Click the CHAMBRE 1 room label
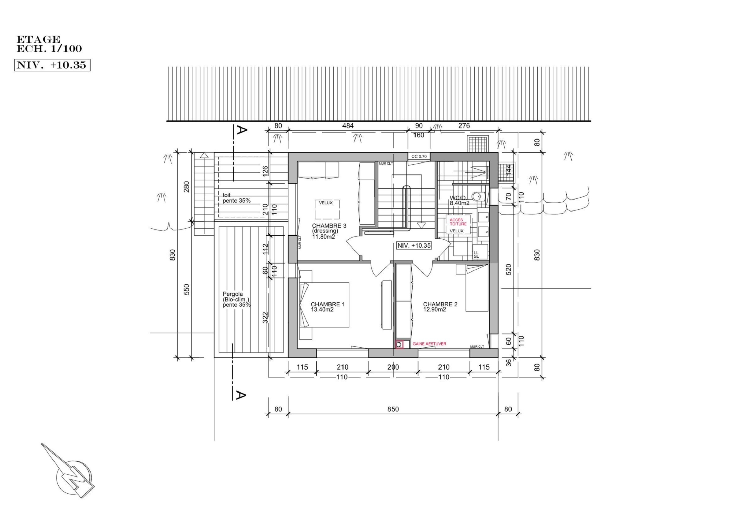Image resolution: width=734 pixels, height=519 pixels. tap(327, 307)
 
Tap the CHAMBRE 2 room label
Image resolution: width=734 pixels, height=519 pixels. tap(440, 307)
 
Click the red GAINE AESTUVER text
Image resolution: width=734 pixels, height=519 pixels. tap(429, 344)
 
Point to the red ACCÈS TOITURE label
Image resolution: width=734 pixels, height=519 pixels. tap(458, 222)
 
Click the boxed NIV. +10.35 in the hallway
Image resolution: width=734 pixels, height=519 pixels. tap(414, 246)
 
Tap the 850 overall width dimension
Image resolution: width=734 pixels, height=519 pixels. tap(393, 409)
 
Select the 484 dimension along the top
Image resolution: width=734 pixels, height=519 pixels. tap(348, 126)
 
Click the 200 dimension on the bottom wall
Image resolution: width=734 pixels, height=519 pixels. tap(393, 367)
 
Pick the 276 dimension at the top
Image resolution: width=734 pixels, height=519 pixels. tap(464, 126)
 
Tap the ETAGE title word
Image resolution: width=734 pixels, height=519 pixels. tap(38, 40)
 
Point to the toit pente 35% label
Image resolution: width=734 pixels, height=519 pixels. tap(236, 198)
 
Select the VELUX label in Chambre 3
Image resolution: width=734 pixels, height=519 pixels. tap(325, 203)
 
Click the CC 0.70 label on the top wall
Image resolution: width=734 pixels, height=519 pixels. tap(419, 156)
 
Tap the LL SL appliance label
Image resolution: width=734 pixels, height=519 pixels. tap(476, 254)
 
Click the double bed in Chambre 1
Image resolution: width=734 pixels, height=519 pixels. tap(326, 304)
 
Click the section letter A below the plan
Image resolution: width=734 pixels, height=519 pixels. tap(241, 396)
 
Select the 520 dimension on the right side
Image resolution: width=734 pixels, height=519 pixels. tap(509, 269)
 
